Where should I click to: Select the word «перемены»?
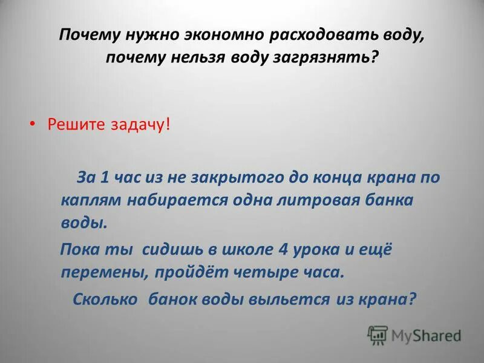tap(102, 272)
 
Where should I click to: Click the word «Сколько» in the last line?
tap(106, 299)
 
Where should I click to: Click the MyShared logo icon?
tap(378, 335)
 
